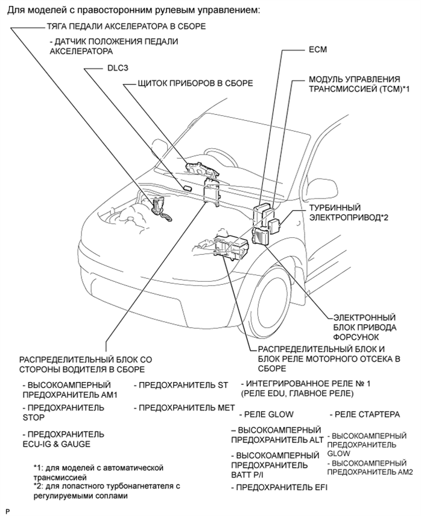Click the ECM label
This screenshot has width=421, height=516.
click(x=318, y=50)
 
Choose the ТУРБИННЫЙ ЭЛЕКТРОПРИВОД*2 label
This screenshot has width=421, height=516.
click(x=344, y=212)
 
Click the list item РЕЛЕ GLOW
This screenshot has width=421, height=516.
click(x=266, y=415)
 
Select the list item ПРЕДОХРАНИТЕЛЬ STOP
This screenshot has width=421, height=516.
click(x=63, y=412)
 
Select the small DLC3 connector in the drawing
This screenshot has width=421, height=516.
click(x=187, y=188)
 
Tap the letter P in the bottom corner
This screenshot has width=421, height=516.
click(x=7, y=511)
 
